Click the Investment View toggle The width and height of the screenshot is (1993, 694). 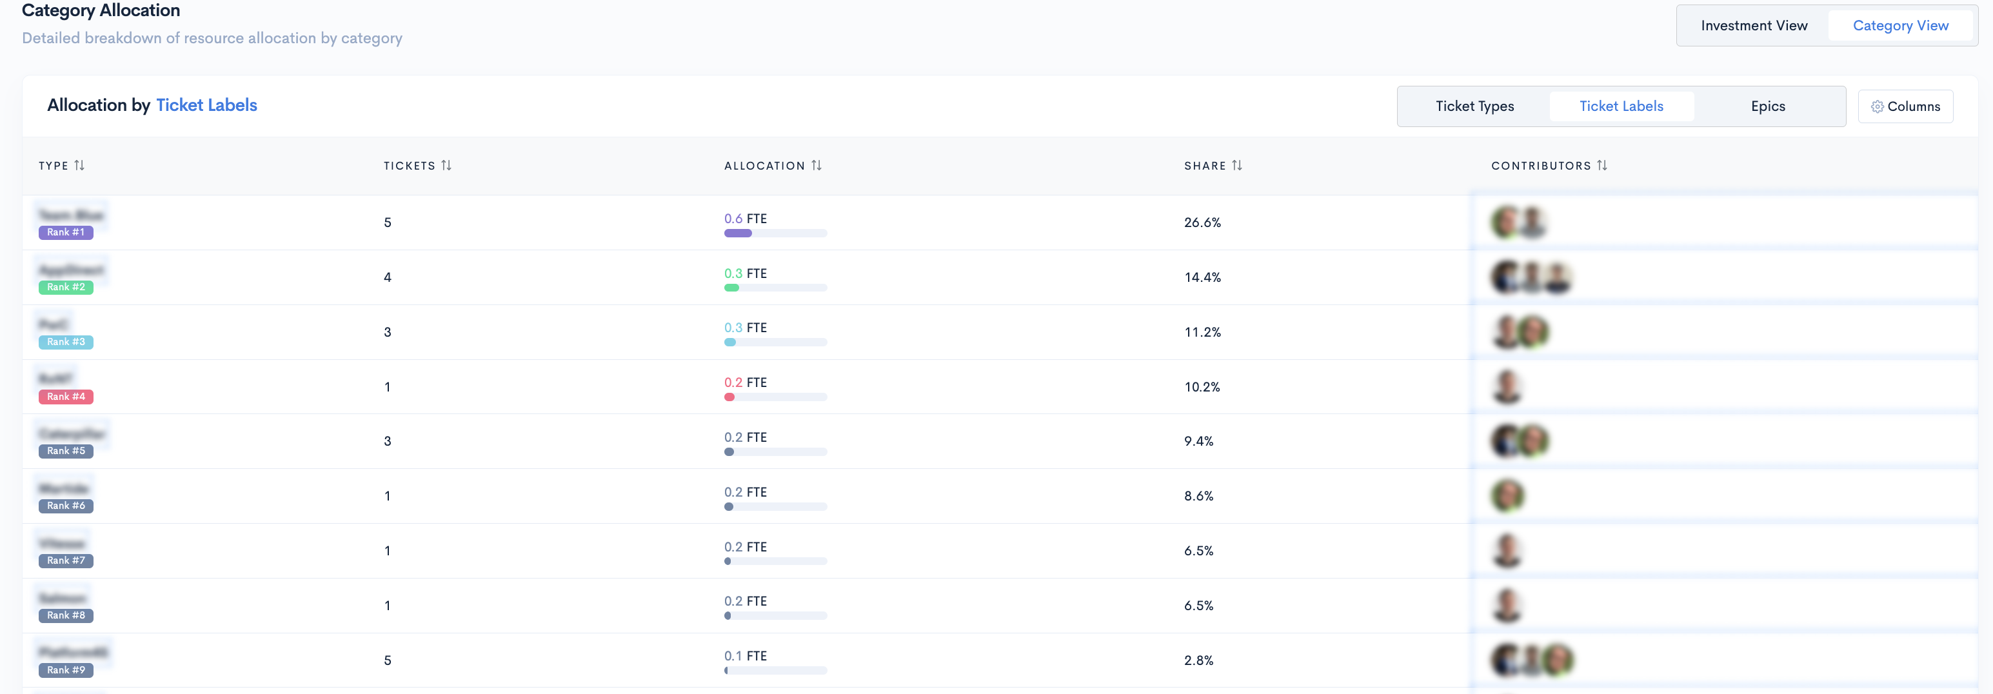(1753, 26)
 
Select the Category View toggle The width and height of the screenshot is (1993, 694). (1899, 26)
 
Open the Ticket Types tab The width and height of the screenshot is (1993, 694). (1474, 106)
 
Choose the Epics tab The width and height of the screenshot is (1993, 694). (1767, 106)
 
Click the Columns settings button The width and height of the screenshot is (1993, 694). (1905, 106)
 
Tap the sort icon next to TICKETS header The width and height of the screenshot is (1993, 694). (446, 166)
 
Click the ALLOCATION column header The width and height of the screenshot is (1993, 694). (764, 166)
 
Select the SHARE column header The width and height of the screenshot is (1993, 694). (1205, 166)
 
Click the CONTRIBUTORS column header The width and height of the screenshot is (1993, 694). (1540, 166)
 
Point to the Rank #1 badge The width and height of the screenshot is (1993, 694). (66, 232)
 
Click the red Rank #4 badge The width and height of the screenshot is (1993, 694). (66, 397)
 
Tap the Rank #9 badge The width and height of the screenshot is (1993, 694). (66, 670)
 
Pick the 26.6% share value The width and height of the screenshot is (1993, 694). (1202, 223)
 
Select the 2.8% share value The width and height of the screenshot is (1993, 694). (1198, 660)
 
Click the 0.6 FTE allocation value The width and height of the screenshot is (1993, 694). (745, 219)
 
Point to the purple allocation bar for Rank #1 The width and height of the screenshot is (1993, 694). (738, 233)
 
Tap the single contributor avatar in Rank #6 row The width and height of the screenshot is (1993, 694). (1507, 496)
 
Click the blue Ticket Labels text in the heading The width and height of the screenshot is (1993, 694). (206, 105)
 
